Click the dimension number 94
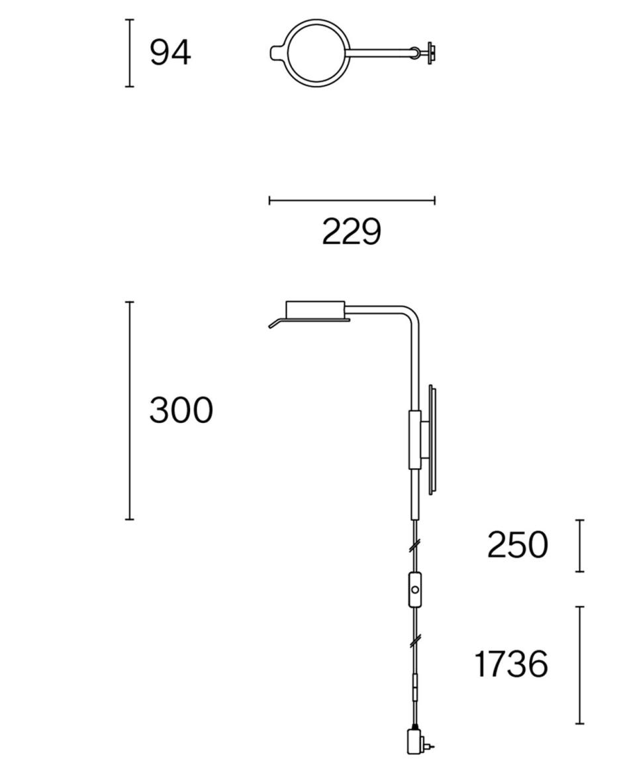click(170, 52)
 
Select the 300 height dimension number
click(181, 410)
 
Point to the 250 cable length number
click(517, 544)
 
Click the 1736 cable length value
click(511, 664)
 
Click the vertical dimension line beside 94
click(129, 53)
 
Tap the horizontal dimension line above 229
click(352, 200)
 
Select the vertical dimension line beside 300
click(129, 410)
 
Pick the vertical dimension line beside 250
click(580, 546)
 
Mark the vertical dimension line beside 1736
click(580, 665)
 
